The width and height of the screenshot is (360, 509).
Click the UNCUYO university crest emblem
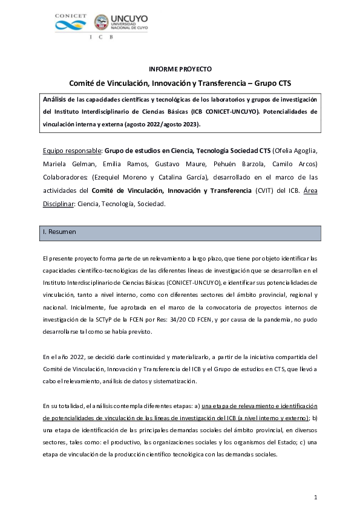point(102,23)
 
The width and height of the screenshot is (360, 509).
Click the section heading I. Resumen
point(59,232)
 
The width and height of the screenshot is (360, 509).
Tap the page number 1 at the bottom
point(316,497)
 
